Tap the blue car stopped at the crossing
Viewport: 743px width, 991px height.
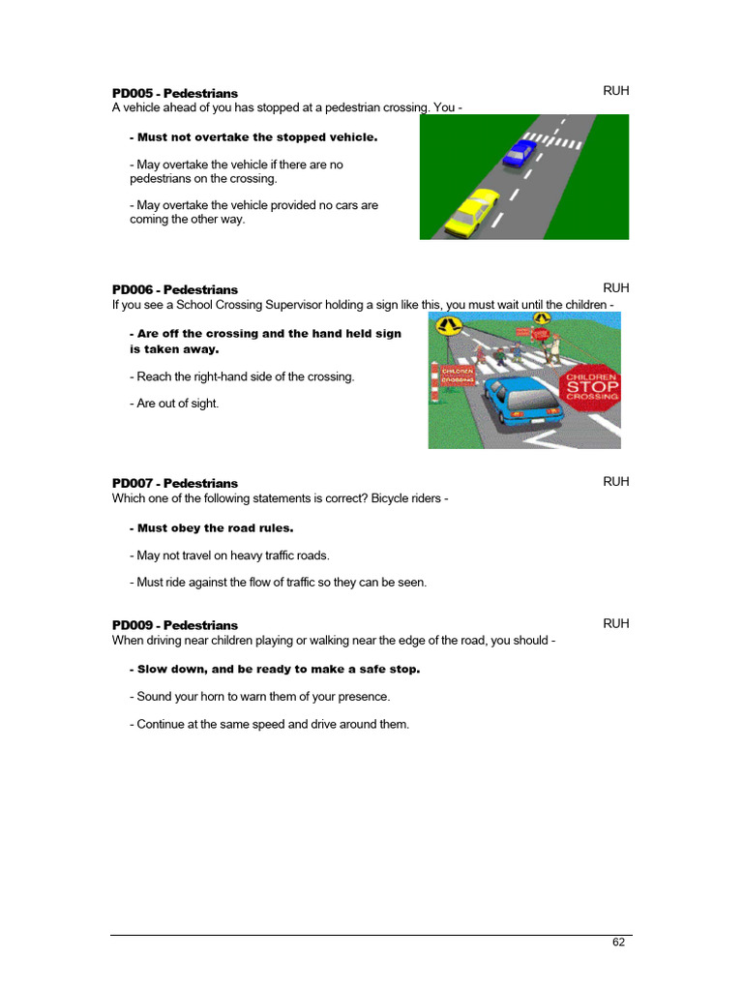tap(520, 152)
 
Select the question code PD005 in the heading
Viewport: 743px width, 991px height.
tap(134, 94)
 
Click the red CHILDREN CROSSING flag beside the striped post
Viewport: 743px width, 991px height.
tap(459, 375)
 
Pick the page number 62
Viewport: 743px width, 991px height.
tap(618, 943)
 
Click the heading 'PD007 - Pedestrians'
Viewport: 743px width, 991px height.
tap(175, 484)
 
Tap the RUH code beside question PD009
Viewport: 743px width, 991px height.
tap(616, 624)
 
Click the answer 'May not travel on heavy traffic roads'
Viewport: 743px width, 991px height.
tap(233, 556)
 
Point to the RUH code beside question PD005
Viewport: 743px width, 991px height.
tap(616, 91)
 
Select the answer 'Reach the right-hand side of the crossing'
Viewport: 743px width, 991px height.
tap(246, 376)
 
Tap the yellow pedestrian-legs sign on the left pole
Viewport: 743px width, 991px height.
tap(448, 325)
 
